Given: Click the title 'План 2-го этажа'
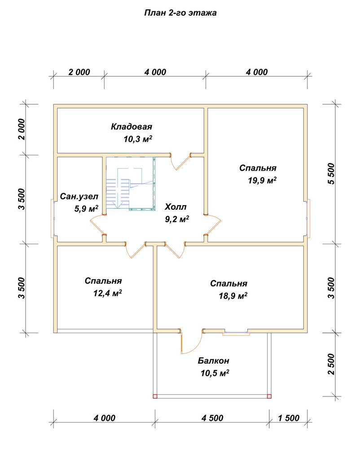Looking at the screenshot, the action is pos(180,13).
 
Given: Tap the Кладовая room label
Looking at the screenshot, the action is pos(132,127).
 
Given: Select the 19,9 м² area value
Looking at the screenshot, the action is pos(262,180).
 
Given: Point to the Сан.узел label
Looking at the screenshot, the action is pos(79,197).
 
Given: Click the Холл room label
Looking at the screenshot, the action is pos(176,207).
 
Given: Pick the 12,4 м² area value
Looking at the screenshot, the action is pos(107,293).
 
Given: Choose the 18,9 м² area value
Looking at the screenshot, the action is pos(233,295).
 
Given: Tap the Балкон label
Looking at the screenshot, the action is pos(214,361).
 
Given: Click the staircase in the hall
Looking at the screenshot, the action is pos(131,184).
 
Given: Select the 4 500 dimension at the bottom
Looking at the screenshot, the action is pos(212,418).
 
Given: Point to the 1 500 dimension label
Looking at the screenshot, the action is pos(289,418).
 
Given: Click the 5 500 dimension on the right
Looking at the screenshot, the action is pos(331,173).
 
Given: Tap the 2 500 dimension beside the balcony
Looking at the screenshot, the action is pos(331,364).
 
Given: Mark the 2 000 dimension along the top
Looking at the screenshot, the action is pos(79,72).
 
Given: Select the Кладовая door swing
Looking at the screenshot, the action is pos(180,162).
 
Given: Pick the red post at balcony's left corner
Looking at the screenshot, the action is pos(155,396).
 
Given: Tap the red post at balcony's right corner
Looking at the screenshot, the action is pos(269,396).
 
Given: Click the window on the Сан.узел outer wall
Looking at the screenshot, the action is pos(53,218).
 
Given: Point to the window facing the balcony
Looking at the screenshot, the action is pos(236,333).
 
